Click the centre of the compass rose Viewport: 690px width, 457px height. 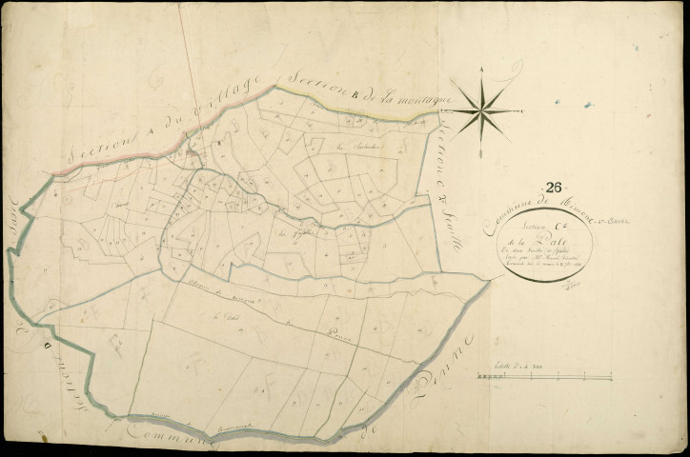[x=482, y=111]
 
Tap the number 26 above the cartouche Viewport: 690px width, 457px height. [x=556, y=188]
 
